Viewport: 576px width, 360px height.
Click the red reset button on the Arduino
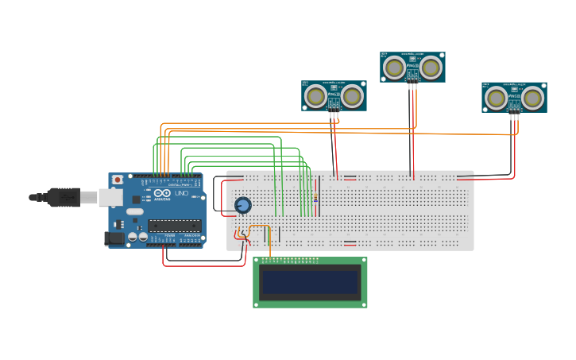click(118, 180)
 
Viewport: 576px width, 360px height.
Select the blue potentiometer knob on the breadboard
click(243, 206)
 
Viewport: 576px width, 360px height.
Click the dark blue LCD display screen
click(310, 282)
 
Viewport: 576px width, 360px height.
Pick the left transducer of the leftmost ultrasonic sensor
click(316, 96)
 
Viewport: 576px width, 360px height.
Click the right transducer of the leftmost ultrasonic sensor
click(351, 96)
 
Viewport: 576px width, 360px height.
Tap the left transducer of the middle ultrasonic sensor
click(394, 68)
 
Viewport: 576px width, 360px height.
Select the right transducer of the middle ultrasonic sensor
click(431, 68)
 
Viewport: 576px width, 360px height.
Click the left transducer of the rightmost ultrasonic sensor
click(497, 98)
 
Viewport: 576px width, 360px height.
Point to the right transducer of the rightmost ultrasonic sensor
click(532, 98)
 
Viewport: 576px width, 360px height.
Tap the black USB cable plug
click(64, 197)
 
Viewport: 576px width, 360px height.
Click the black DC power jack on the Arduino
click(115, 238)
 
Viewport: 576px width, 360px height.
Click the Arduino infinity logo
click(161, 193)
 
